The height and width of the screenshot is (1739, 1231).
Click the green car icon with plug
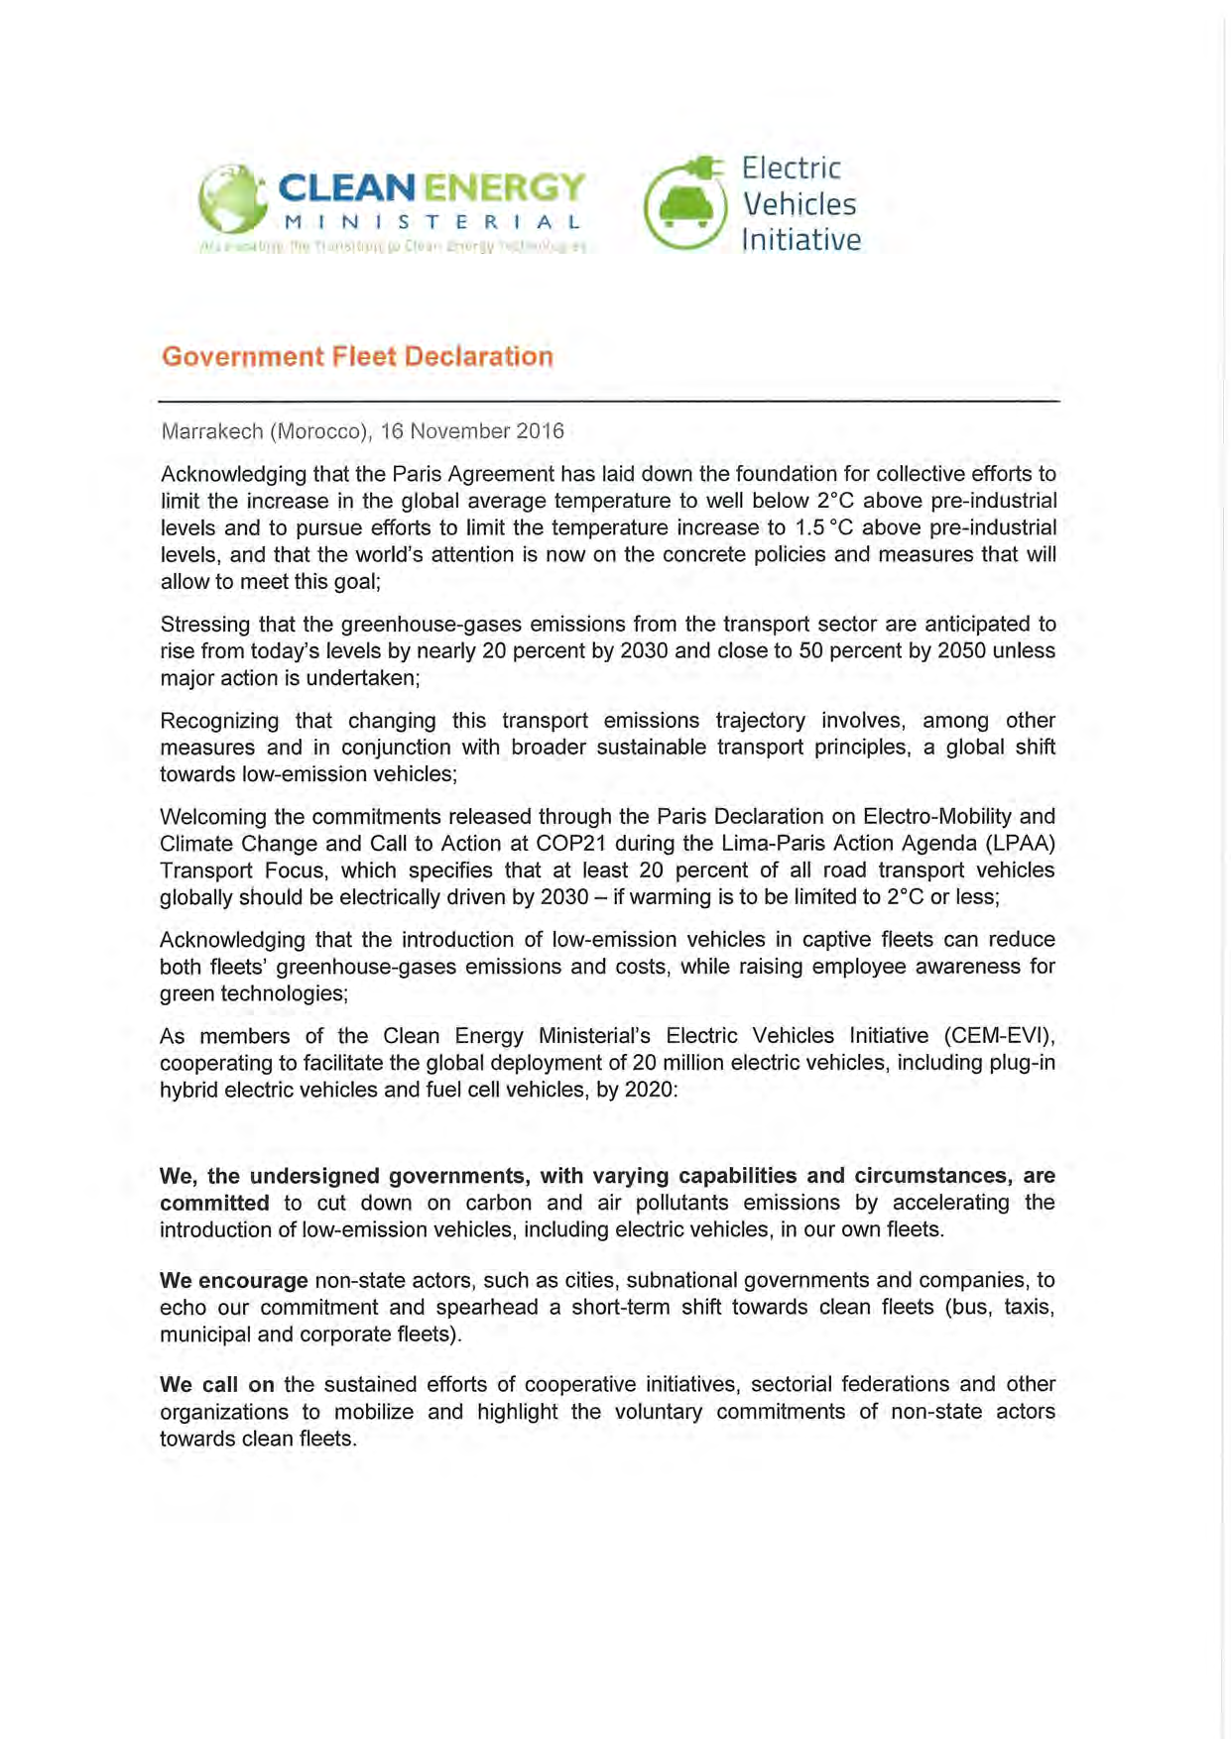pos(685,204)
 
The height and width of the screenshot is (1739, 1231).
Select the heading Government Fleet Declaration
pos(357,357)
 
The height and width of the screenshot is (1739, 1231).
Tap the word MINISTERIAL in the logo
pos(432,223)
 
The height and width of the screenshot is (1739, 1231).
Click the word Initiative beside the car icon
pos(801,240)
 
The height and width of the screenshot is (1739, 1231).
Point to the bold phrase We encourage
pos(234,1280)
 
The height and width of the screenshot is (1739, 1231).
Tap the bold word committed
pos(214,1203)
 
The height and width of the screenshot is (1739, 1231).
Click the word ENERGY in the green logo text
pos(505,187)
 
